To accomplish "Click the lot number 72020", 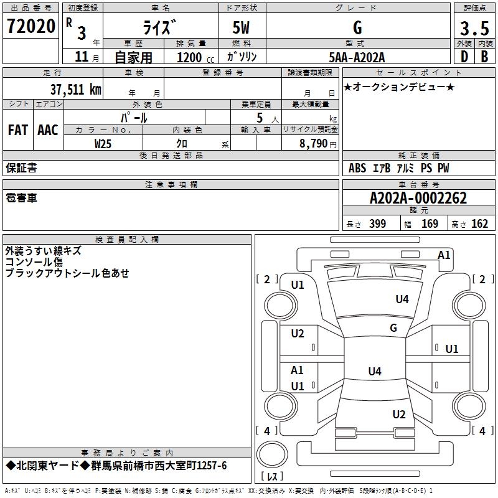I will click(x=31, y=27).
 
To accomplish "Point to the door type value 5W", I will click(x=243, y=27).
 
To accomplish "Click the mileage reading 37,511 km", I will click(x=75, y=89).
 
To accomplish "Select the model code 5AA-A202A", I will click(x=357, y=57).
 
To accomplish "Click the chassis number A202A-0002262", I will click(x=418, y=198).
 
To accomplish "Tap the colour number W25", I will click(x=103, y=143).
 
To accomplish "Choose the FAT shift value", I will click(x=18, y=130).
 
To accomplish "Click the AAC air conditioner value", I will click(x=48, y=130).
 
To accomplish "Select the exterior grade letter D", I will click(x=464, y=57).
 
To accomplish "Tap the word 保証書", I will click(x=21, y=167).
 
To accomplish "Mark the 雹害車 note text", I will click(x=21, y=197).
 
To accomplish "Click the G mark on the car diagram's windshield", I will click(x=393, y=327).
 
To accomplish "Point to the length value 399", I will click(x=377, y=224).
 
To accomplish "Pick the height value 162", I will click(x=479, y=224).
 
